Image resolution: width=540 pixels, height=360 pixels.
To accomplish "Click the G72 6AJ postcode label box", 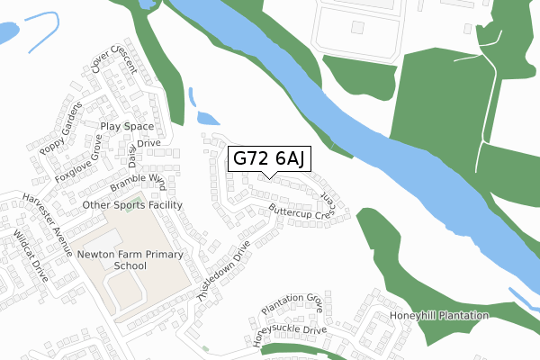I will coord(271,159).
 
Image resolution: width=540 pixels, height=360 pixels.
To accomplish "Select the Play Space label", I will coord(127,127).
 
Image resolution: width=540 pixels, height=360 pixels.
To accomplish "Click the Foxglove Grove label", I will coord(78,160).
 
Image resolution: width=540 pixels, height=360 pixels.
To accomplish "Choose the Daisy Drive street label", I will coord(140,149).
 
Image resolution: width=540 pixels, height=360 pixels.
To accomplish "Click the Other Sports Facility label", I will coord(132,205).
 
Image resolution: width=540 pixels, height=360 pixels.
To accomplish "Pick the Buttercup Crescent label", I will coord(306,211).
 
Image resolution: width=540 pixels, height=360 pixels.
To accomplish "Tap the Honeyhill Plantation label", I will coord(438,316).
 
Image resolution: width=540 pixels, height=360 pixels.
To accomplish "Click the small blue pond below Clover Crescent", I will coord(207,117).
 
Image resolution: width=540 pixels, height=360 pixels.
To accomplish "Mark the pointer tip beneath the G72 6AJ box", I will coord(271,177).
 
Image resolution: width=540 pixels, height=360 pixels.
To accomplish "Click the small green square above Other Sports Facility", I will coord(137,196).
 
